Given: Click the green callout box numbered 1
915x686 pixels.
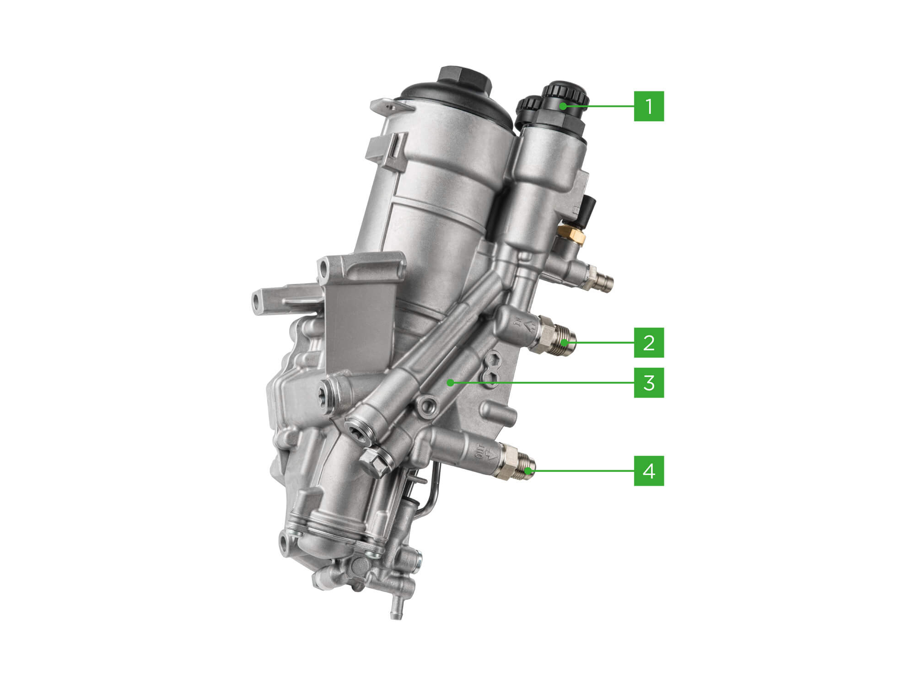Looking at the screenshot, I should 649,106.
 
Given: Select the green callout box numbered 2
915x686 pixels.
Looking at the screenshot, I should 649,343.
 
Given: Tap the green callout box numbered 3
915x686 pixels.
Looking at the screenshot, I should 649,383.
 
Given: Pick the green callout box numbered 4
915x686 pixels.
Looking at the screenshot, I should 649,470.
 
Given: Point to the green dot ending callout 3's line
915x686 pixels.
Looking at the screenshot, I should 451,383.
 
